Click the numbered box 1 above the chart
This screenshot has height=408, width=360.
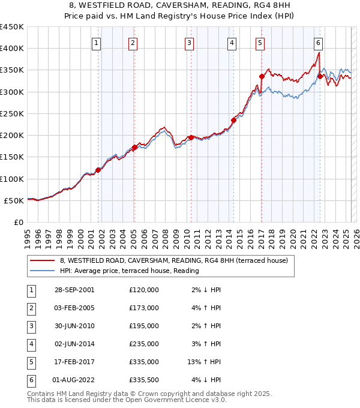(97, 43)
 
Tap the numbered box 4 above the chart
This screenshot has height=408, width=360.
(231, 43)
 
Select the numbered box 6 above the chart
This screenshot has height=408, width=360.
(318, 43)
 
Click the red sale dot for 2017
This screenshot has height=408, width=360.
(262, 76)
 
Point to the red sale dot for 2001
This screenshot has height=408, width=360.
(98, 170)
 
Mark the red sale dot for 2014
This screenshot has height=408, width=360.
(233, 120)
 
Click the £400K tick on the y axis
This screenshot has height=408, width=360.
(12, 49)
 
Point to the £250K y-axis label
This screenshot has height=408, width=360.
(12, 113)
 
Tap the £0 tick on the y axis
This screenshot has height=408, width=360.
(18, 222)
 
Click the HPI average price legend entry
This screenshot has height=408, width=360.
(129, 271)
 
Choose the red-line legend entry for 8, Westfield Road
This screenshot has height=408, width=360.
(174, 260)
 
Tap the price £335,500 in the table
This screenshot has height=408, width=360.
(144, 380)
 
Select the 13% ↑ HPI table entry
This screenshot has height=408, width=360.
(205, 362)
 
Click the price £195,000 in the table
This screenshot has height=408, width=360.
(144, 326)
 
